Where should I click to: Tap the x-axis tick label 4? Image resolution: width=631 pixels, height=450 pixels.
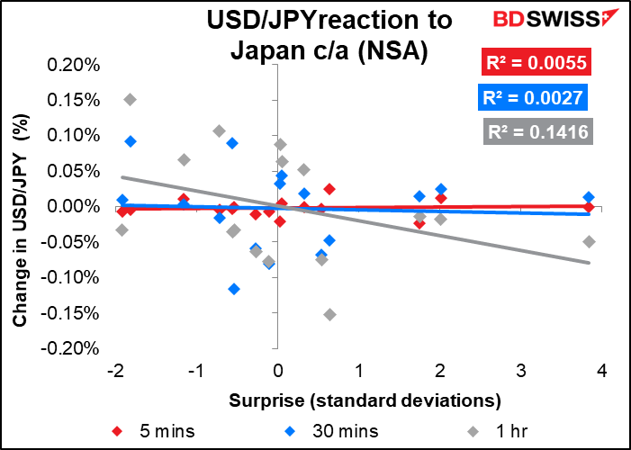[602, 372]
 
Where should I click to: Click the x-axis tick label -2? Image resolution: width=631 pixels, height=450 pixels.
[114, 372]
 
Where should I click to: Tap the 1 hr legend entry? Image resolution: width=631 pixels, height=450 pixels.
[477, 428]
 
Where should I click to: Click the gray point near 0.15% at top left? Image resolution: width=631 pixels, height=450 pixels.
[131, 99]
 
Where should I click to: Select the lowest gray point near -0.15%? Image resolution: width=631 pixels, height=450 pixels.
[329, 314]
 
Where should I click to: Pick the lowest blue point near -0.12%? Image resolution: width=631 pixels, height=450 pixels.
[234, 289]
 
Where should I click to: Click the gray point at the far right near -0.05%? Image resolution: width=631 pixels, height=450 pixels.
[589, 241]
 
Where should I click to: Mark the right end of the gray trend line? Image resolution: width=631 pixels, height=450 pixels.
[589, 263]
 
